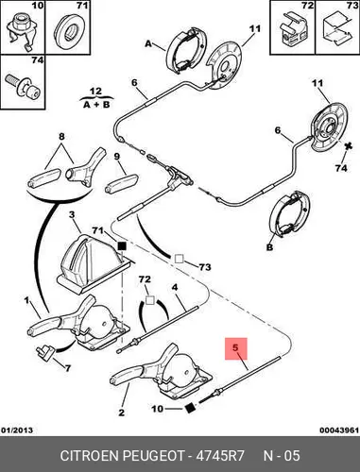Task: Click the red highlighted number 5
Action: tap(235, 348)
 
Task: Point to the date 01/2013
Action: tap(17, 430)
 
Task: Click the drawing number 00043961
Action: tap(339, 430)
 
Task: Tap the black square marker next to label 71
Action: tap(122, 246)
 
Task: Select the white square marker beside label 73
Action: tap(179, 259)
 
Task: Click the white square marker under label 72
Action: tap(150, 300)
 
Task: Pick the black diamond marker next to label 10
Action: tap(190, 408)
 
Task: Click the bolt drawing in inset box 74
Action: tap(23, 86)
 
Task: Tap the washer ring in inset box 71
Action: tap(69, 31)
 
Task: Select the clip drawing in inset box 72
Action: tap(293, 31)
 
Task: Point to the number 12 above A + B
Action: tap(95, 92)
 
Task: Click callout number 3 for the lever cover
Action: tap(72, 215)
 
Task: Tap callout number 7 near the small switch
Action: tap(67, 368)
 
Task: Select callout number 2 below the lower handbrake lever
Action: tap(122, 413)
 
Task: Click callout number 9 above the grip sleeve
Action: tap(117, 157)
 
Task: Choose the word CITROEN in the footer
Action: tap(89, 455)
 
